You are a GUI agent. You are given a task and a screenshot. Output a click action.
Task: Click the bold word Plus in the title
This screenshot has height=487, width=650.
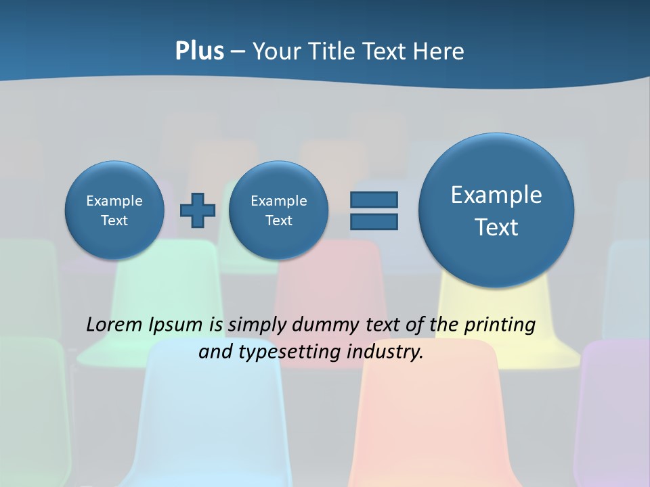coord(199,51)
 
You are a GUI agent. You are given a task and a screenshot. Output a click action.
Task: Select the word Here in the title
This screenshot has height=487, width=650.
coord(439,51)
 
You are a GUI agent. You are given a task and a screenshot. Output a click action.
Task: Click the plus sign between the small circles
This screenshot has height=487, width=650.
coord(198,210)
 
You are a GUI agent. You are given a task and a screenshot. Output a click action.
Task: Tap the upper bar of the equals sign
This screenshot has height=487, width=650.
coord(373,200)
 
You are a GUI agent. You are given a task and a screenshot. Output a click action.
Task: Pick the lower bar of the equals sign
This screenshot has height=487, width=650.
coord(373,221)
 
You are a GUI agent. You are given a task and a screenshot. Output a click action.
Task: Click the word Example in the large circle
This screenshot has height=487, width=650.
coord(496,195)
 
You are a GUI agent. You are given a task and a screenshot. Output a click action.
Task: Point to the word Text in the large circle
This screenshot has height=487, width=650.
coord(496,227)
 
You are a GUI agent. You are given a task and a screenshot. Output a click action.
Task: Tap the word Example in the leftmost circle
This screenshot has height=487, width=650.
coord(114,201)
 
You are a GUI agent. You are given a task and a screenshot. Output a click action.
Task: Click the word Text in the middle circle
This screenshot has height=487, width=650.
coord(279,221)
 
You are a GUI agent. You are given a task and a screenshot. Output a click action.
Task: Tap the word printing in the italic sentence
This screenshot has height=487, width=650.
coord(500,325)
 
